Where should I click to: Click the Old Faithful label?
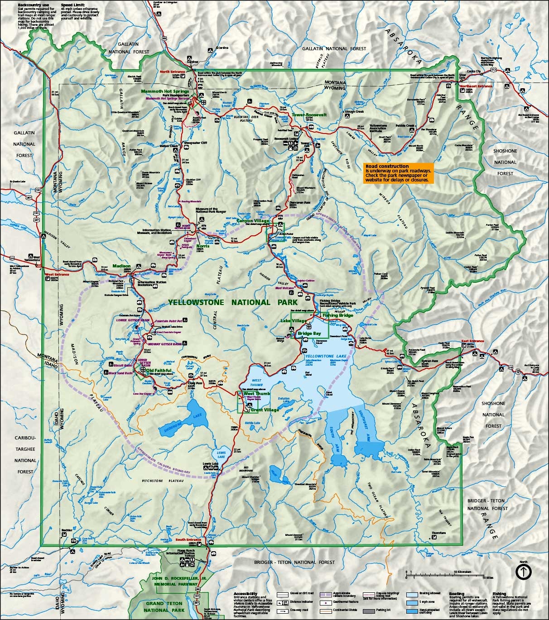(x=159, y=371)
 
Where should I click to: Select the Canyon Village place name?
(x=253, y=221)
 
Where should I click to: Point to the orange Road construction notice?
(x=399, y=173)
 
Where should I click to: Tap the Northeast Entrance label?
(x=476, y=86)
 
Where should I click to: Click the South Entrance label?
(x=188, y=539)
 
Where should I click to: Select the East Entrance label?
(x=472, y=341)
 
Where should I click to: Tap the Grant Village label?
(x=265, y=410)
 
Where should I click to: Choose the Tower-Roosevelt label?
(x=309, y=115)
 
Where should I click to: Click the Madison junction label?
(x=121, y=266)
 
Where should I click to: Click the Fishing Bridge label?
(x=337, y=315)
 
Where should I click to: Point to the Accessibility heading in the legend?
(x=246, y=593)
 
